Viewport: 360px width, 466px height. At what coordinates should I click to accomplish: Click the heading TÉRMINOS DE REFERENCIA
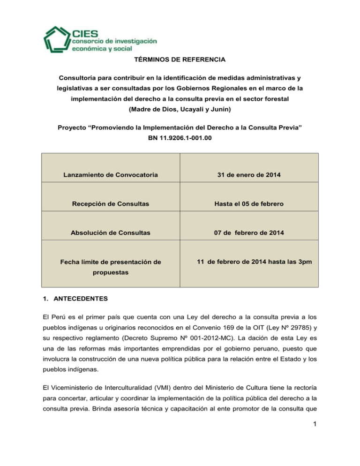(180, 59)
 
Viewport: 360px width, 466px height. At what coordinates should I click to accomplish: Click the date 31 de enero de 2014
(249, 175)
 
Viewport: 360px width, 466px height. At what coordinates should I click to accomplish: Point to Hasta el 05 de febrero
(249, 204)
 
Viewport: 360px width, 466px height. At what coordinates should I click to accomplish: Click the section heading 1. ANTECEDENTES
(63, 298)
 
